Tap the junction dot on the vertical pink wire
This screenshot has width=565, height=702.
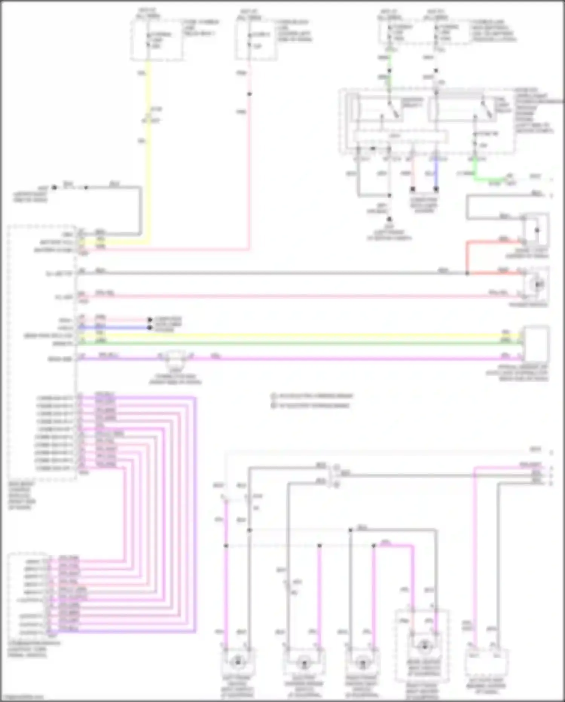[249, 94]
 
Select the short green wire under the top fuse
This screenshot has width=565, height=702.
[389, 60]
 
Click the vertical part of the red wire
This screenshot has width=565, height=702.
[467, 257]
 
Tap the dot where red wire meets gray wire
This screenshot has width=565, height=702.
[467, 273]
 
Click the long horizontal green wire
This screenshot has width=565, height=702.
[301, 343]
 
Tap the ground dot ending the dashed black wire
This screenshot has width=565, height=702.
[389, 219]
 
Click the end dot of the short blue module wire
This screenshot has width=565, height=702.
[150, 327]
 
